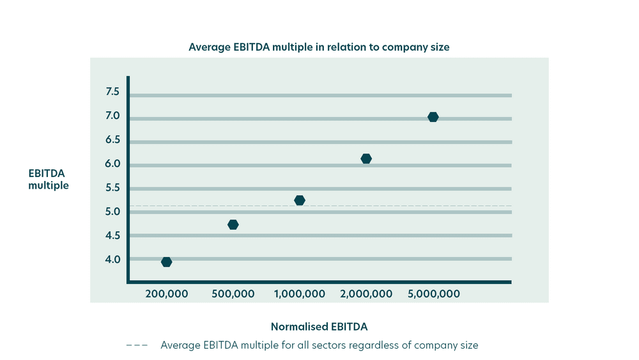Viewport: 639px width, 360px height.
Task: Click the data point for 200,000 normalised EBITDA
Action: tap(167, 262)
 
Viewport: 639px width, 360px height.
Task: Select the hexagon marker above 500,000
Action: tap(233, 224)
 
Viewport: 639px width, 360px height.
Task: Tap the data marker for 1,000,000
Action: tap(300, 200)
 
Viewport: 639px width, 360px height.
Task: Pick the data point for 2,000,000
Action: tap(366, 159)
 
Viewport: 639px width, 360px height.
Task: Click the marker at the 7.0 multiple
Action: tap(433, 117)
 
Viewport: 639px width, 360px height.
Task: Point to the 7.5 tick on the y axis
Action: tap(112, 92)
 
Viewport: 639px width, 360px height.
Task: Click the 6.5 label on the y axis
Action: tap(112, 140)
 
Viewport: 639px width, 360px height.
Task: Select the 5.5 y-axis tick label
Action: tap(112, 188)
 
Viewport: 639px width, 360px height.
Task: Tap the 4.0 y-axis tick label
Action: tap(112, 260)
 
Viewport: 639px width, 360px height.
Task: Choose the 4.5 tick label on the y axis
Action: tap(112, 236)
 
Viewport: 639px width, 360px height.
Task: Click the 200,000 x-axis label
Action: tap(167, 294)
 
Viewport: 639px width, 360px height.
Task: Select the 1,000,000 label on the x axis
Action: tap(300, 294)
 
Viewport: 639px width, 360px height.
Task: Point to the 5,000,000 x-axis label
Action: tap(433, 294)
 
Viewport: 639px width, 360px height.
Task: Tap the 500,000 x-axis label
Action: tap(233, 294)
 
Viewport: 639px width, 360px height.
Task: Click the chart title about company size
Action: tap(319, 47)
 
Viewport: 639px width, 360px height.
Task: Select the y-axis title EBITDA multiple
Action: tap(49, 180)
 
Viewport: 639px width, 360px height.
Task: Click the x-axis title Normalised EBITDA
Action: tap(319, 327)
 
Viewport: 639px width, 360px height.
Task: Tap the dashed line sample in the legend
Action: tap(137, 345)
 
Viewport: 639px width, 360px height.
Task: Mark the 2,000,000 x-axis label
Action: tap(366, 294)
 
